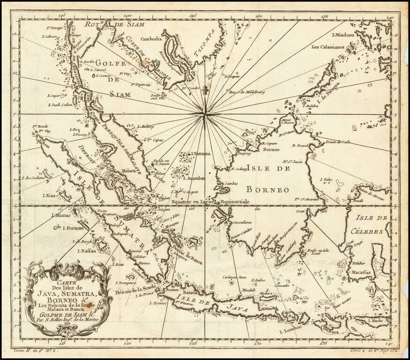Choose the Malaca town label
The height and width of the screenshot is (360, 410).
click(x=128, y=171)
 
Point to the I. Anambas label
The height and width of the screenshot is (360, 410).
click(x=194, y=178)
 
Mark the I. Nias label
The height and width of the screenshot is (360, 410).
click(x=50, y=195)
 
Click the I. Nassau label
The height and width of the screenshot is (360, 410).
click(x=85, y=251)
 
